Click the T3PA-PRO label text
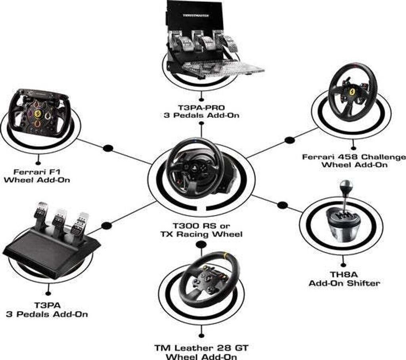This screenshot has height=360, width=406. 201,108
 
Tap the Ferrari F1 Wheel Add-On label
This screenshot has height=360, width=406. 37,176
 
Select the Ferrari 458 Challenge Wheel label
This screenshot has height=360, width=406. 354,161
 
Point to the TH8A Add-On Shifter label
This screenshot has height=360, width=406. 344,279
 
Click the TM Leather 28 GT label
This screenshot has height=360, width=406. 201,348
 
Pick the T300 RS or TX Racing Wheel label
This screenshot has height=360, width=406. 201,230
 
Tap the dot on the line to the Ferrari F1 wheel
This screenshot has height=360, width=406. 108,148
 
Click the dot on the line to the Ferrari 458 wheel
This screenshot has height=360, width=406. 289,140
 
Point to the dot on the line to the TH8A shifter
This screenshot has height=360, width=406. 282,205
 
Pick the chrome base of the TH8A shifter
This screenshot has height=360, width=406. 342,231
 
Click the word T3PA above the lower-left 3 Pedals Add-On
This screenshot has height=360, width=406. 48,305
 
